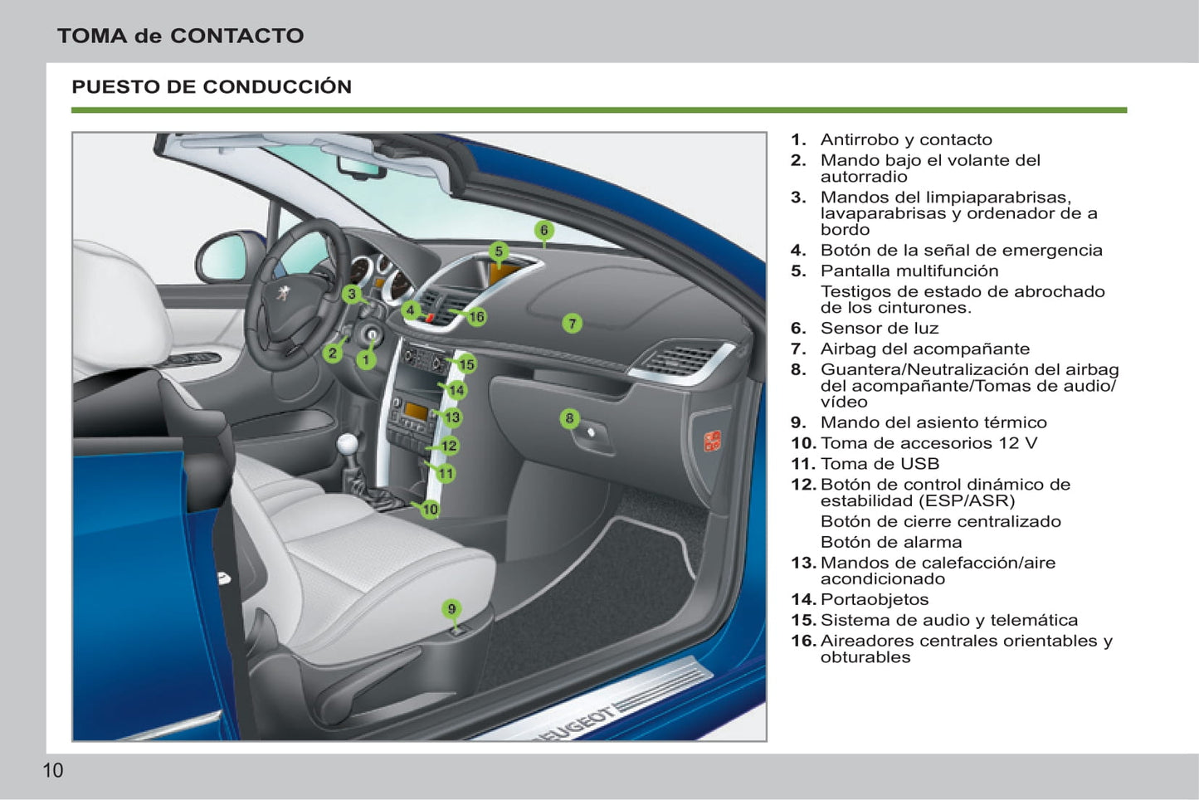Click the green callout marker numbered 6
click(544, 231)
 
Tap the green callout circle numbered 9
click(451, 609)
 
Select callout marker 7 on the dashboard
click(572, 324)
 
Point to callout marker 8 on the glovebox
click(569, 418)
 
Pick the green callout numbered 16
click(476, 317)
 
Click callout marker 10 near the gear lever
click(430, 510)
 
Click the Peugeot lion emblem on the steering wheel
click(283, 293)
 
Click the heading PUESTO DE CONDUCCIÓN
click(212, 86)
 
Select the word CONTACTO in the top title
click(236, 36)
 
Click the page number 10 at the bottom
click(52, 770)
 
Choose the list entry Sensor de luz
click(879, 328)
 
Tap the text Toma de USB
click(880, 464)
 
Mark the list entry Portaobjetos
click(874, 599)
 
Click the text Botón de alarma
click(891, 542)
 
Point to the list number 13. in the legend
click(803, 563)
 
